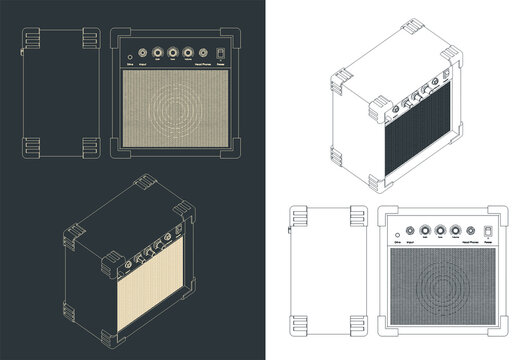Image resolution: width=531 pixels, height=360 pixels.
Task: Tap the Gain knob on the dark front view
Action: coord(157,52)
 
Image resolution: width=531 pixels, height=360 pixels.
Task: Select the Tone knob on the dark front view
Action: coord(173,52)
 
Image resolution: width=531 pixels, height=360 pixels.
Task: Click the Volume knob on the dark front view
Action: coord(188,52)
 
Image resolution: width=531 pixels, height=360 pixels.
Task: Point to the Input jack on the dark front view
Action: coord(141,53)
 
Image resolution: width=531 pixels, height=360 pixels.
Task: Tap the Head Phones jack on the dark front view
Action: coord(204,52)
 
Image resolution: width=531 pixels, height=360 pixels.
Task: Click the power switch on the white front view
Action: coord(488,233)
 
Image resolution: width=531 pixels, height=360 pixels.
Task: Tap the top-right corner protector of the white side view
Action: coord(358,216)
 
